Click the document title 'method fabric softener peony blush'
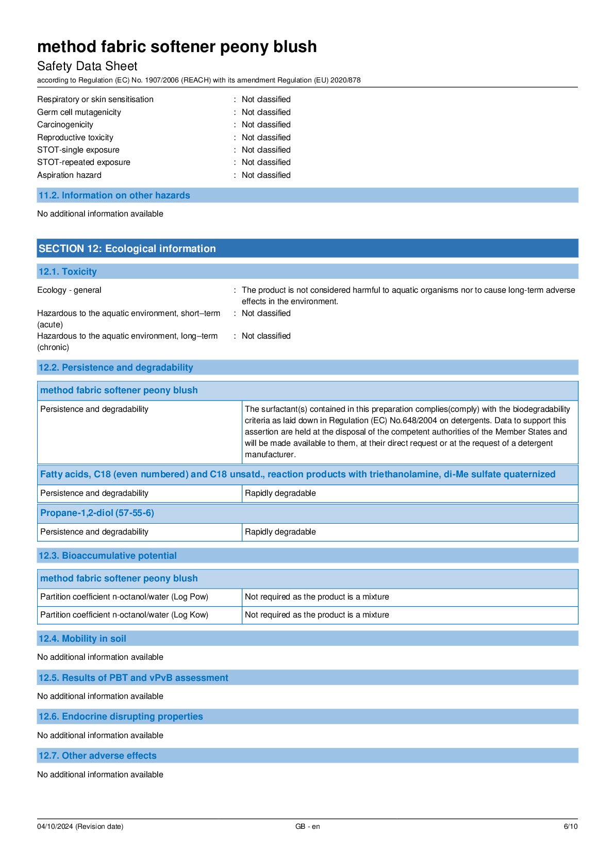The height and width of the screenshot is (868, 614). tap(177, 47)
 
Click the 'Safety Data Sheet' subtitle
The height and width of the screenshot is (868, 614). tap(87, 66)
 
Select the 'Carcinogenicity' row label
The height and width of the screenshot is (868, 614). tap(65, 125)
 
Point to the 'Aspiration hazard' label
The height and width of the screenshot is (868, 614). tap(69, 175)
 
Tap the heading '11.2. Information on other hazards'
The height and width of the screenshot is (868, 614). tap(114, 195)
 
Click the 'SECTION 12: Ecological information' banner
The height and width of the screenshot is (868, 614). tap(127, 248)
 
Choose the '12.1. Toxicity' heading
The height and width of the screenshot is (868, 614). tap(68, 272)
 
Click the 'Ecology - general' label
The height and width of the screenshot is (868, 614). tap(69, 290)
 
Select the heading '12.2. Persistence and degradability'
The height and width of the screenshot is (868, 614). tap(115, 368)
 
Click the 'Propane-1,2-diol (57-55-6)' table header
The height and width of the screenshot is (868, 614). tap(97, 513)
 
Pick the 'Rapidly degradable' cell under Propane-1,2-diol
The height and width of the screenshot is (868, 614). tap(280, 532)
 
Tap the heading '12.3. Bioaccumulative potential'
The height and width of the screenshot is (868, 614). tap(107, 556)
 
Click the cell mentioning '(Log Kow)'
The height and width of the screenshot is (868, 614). tap(124, 615)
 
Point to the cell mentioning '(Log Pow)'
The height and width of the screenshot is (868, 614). tap(124, 597)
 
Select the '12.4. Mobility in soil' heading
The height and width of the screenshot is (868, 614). tap(82, 639)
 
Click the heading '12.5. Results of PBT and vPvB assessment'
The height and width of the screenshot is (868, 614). tap(133, 678)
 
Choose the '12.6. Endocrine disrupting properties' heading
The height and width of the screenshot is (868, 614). tap(121, 716)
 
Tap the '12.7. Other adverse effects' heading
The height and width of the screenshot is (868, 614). tap(97, 756)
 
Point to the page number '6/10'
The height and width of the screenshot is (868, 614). tap(570, 826)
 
